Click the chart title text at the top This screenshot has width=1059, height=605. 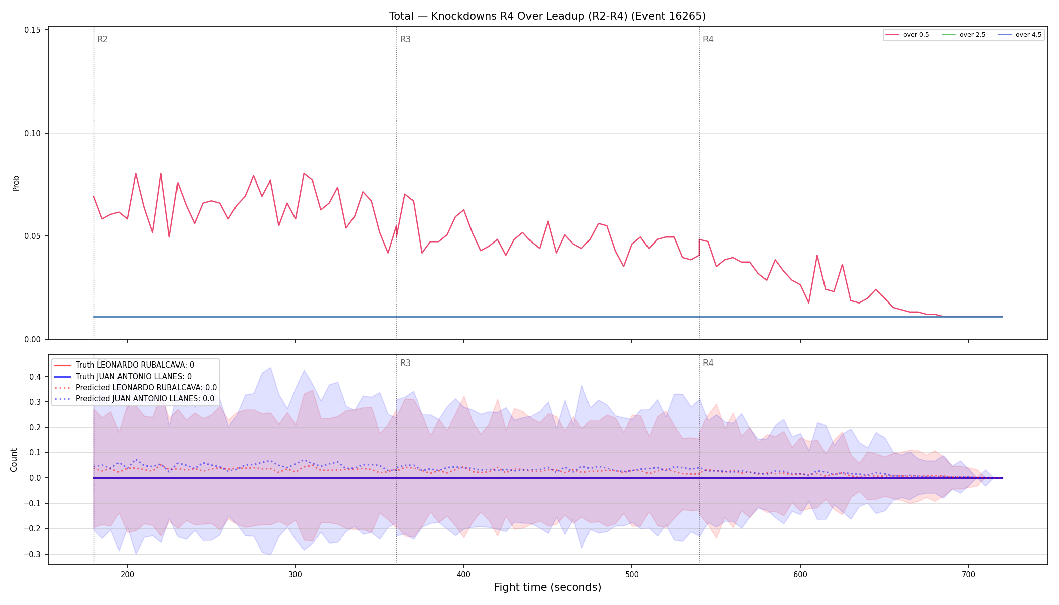point(548,16)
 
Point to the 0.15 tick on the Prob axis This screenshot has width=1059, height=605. point(32,30)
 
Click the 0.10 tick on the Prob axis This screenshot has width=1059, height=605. point(32,133)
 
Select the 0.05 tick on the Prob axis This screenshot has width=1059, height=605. point(32,236)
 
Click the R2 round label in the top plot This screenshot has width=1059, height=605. point(102,39)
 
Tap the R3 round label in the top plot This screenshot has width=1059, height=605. point(405,39)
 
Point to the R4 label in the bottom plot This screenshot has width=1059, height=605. point(708,363)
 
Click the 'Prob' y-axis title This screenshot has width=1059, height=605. point(16,183)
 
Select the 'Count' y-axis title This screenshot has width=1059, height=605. point(14,460)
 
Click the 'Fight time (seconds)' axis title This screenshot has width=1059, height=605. point(548,587)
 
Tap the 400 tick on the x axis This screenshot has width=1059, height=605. point(463,574)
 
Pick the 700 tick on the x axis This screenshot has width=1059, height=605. point(968,574)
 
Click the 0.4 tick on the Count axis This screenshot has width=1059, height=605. point(35,377)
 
